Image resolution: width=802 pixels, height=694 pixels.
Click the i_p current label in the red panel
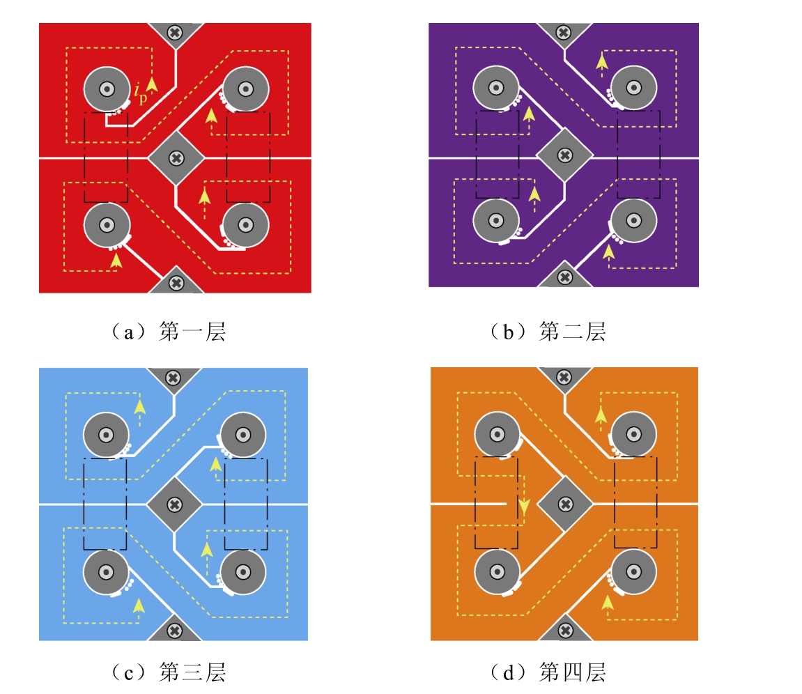(x=140, y=93)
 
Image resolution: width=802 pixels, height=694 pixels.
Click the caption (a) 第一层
(x=169, y=332)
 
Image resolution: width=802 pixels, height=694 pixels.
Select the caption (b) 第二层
(x=548, y=332)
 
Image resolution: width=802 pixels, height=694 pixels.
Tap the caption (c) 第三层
(x=169, y=672)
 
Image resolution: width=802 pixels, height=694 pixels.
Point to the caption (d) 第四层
(x=548, y=672)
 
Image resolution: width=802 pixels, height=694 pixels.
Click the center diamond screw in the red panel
(x=176, y=158)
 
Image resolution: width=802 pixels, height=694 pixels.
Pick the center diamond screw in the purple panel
(x=564, y=155)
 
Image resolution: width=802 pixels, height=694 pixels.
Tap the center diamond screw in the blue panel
(x=174, y=504)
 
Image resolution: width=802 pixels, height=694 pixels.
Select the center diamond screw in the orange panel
(x=565, y=504)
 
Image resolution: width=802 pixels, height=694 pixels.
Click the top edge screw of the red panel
(x=175, y=33)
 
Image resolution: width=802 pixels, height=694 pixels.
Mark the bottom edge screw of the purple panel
(x=564, y=277)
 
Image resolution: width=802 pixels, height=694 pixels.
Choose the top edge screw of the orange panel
(x=564, y=378)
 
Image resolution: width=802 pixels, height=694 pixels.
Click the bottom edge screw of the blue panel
(x=174, y=631)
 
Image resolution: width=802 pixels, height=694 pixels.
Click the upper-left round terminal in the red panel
(x=107, y=89)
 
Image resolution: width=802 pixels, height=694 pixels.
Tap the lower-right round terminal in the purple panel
(x=633, y=220)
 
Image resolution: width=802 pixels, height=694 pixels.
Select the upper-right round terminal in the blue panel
(x=243, y=435)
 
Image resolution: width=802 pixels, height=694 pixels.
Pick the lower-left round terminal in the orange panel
(x=498, y=571)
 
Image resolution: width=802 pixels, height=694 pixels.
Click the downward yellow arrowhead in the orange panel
(x=524, y=507)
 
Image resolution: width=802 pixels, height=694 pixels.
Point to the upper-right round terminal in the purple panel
(x=633, y=88)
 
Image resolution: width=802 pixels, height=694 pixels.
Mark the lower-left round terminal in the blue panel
(x=106, y=572)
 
